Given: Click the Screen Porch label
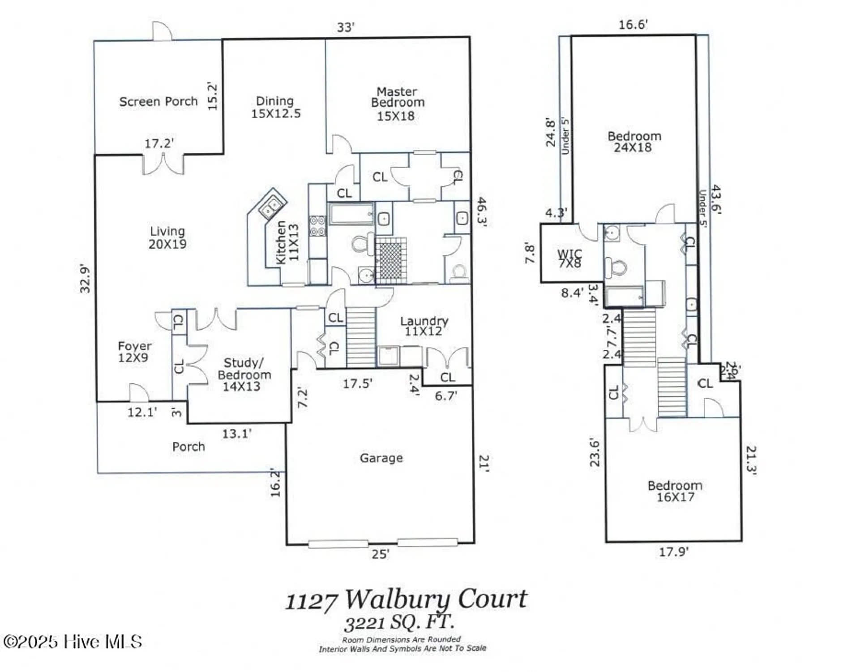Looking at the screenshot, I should (x=158, y=102).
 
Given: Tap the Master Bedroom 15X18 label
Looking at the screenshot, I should (x=397, y=104).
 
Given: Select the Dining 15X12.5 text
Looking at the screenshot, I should (x=275, y=108).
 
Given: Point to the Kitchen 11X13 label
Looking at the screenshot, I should (x=287, y=242).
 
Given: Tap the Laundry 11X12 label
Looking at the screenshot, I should (x=424, y=326).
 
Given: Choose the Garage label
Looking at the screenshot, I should (x=381, y=458).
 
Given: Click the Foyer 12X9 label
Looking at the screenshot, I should (x=134, y=352).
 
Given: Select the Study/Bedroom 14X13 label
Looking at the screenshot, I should (x=244, y=375).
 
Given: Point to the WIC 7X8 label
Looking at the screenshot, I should (x=569, y=258).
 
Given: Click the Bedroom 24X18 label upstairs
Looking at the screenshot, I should (x=634, y=142).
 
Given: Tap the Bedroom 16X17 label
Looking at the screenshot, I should (x=675, y=491).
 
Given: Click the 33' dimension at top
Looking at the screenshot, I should (x=345, y=27).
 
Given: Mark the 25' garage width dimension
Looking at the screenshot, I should (x=380, y=555).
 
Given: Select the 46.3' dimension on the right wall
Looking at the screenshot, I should (x=481, y=211).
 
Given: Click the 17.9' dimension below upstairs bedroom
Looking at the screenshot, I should (x=673, y=552).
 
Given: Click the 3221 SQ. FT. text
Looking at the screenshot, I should (x=399, y=622).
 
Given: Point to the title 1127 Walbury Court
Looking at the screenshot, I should (x=406, y=599).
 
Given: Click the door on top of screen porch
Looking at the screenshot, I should (x=162, y=31).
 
